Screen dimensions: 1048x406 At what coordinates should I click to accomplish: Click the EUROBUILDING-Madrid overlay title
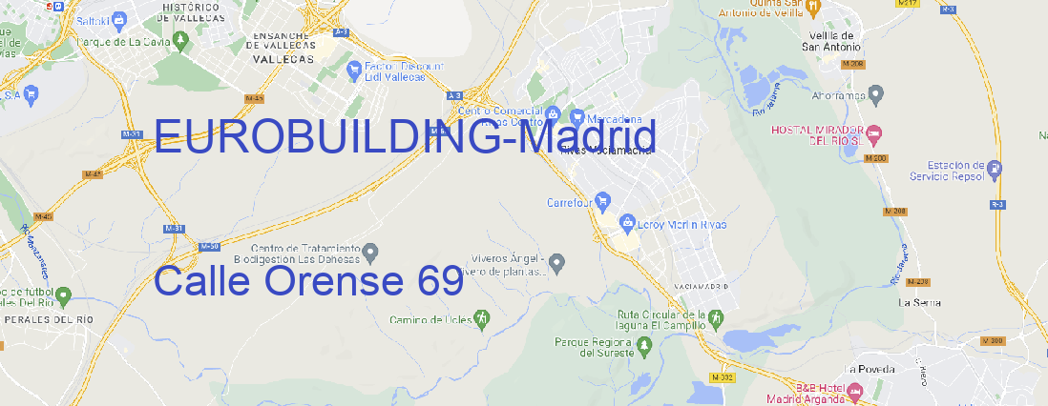pyautogui.click(x=405, y=137)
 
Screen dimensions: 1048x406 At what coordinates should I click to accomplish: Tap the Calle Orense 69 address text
pyautogui.click(x=307, y=281)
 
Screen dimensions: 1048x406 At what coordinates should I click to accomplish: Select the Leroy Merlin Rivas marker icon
pyautogui.click(x=627, y=224)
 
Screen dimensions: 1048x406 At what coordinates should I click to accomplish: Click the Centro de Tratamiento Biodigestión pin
pyautogui.click(x=371, y=253)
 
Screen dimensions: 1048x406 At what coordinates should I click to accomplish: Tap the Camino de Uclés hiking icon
pyautogui.click(x=482, y=317)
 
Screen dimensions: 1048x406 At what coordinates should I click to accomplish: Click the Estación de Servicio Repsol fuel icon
pyautogui.click(x=996, y=170)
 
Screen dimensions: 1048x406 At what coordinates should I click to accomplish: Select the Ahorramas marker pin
pyautogui.click(x=876, y=93)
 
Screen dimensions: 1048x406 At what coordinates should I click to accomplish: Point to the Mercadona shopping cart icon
pyautogui.click(x=576, y=119)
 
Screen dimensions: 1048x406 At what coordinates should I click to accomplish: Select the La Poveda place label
pyautogui.click(x=869, y=369)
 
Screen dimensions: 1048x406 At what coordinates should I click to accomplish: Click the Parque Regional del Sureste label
pyautogui.click(x=593, y=346)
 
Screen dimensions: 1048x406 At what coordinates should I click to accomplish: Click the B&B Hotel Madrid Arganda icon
pyautogui.click(x=855, y=392)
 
